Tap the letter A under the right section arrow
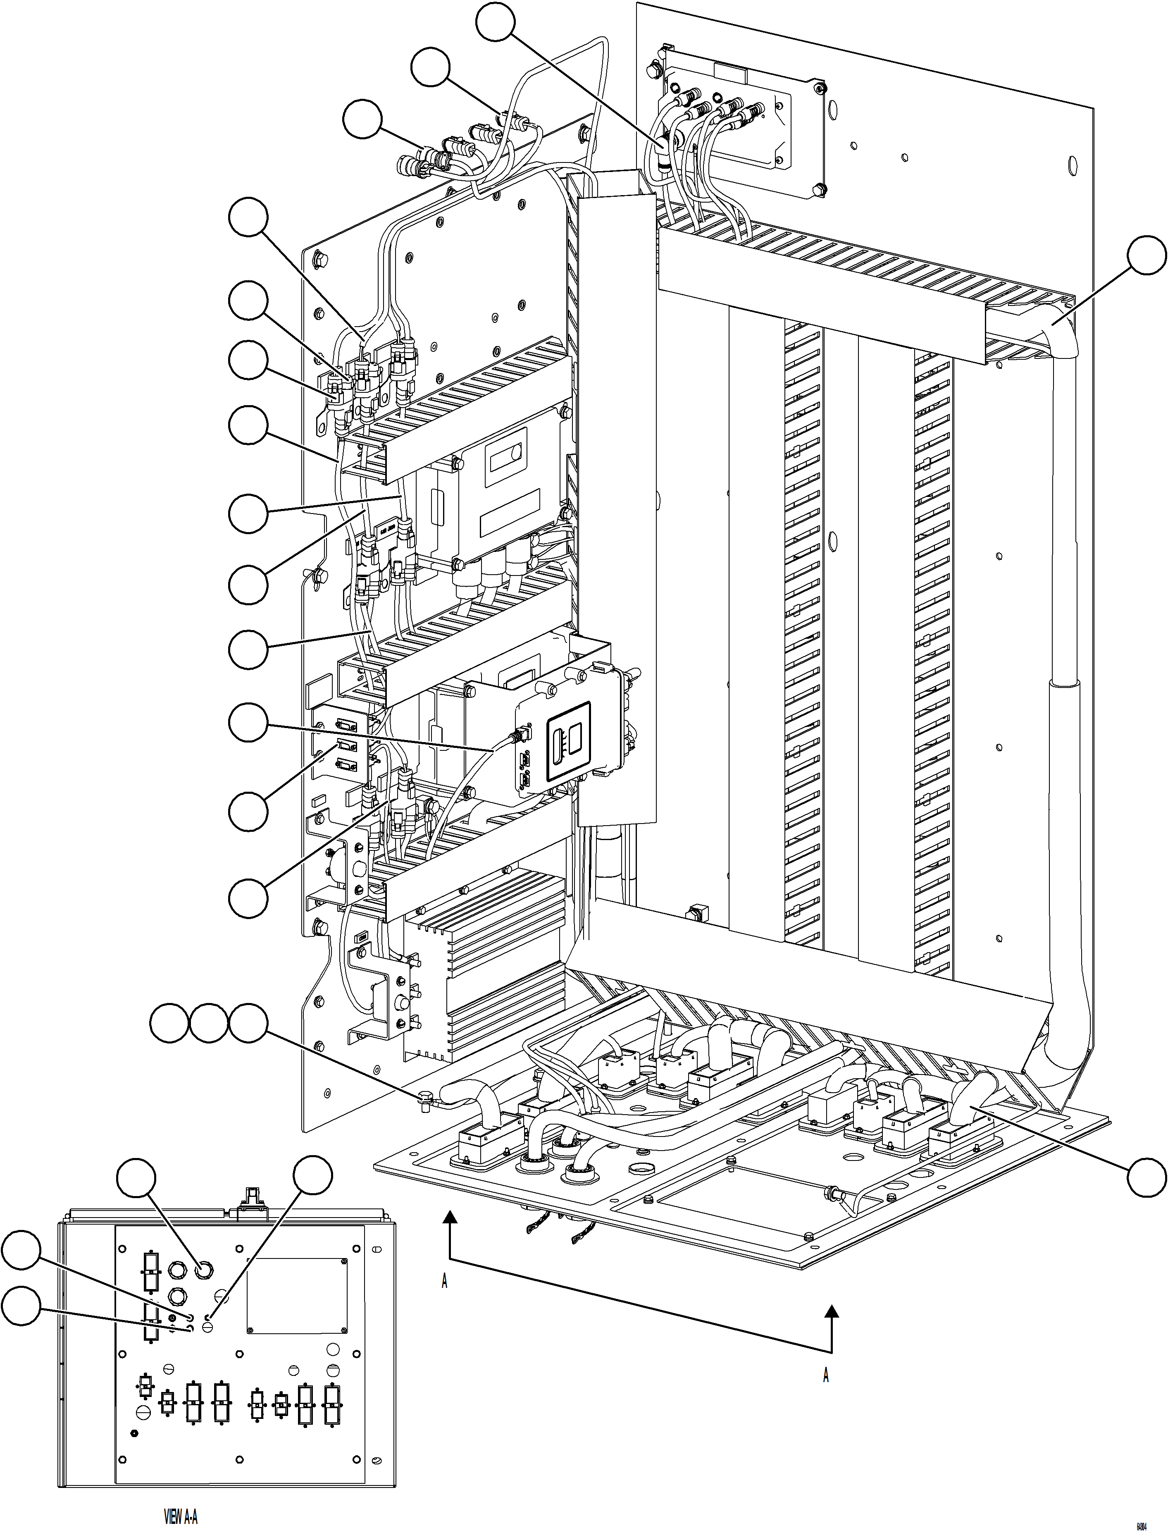tap(825, 1376)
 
